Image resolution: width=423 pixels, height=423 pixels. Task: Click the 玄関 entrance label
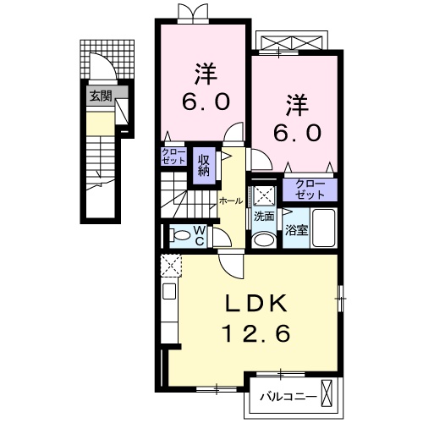(100, 96)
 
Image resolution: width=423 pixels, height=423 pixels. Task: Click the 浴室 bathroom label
(296, 228)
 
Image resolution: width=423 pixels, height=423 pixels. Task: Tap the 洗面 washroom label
(264, 217)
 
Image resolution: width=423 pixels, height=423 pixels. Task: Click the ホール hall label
(230, 201)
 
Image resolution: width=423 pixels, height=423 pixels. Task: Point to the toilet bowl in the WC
(181, 235)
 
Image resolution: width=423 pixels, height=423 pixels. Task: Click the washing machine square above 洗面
(263, 194)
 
